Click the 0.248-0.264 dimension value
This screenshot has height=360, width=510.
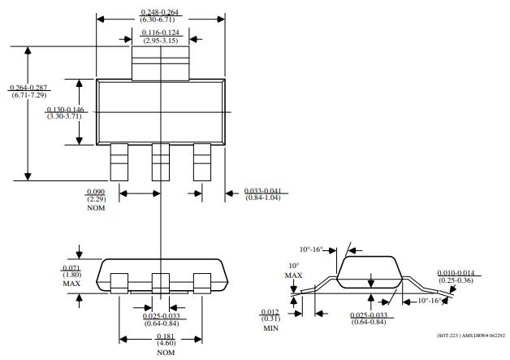point(161,12)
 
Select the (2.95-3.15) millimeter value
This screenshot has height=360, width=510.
point(161,40)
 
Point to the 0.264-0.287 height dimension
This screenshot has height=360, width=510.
point(28,87)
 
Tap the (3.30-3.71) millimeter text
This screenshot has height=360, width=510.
point(65,117)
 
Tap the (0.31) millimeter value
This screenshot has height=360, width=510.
point(270,319)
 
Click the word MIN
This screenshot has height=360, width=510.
point(270,328)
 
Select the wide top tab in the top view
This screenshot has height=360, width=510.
point(161,63)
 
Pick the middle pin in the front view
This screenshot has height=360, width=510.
point(161,281)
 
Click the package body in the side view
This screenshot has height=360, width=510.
point(370,272)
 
